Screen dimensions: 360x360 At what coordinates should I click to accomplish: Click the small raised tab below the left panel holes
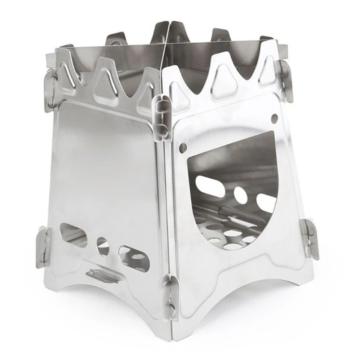(x=100, y=274)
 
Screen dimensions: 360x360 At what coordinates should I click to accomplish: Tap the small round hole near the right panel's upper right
(x=274, y=118)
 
